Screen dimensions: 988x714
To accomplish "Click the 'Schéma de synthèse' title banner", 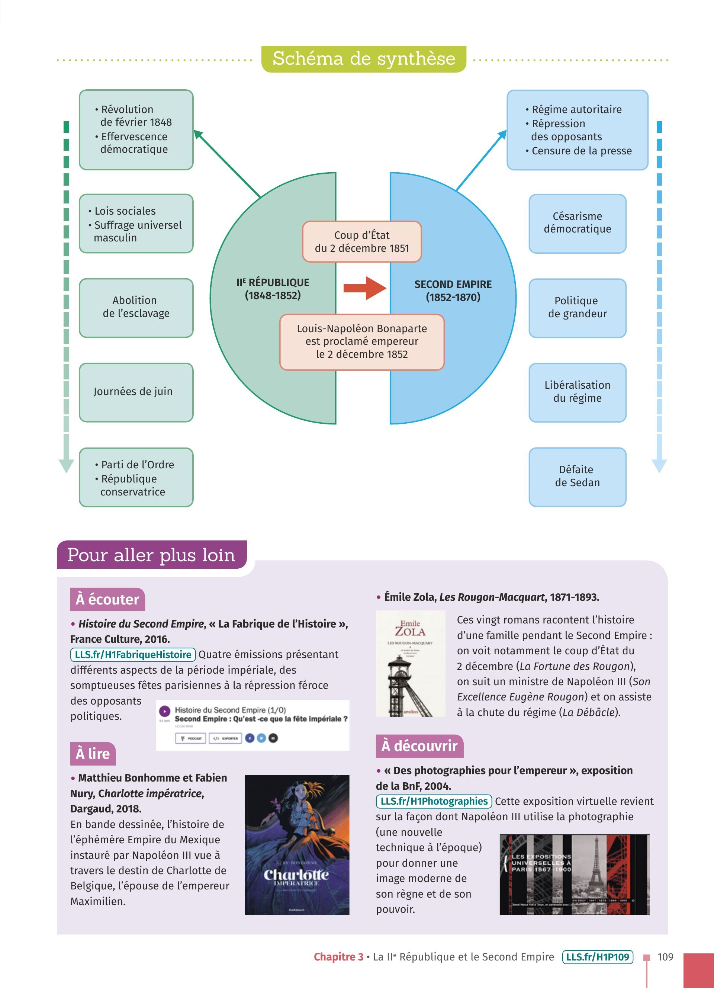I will coord(364,59).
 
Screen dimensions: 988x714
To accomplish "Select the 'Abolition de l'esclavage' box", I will coord(136,308).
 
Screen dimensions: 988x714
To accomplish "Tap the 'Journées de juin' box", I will coord(136,392).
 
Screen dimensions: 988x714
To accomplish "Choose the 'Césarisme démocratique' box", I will coord(577,223).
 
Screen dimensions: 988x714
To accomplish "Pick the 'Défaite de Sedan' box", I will coord(577,477).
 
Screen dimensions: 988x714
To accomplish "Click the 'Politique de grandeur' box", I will coord(577,308).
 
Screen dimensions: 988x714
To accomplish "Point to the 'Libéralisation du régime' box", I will coord(577,392).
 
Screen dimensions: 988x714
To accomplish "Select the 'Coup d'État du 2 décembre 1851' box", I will coord(362,242).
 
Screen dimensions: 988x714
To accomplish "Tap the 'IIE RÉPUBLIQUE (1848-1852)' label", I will coord(273,289).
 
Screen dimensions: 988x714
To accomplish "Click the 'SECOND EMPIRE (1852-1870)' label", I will coord(453,291).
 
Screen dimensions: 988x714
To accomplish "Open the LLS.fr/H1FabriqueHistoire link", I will coord(133,654).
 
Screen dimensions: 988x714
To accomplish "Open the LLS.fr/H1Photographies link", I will coord(434,801).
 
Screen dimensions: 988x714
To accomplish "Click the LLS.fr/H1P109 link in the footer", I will coord(597,957).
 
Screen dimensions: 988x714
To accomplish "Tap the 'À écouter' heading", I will coord(107,599).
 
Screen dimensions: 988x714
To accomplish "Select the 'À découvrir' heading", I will coord(419,746).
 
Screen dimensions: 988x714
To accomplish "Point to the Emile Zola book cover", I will coord(411,664).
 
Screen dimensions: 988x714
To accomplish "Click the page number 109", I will coord(665,957).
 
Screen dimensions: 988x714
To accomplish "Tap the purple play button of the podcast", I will coord(165,711).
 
